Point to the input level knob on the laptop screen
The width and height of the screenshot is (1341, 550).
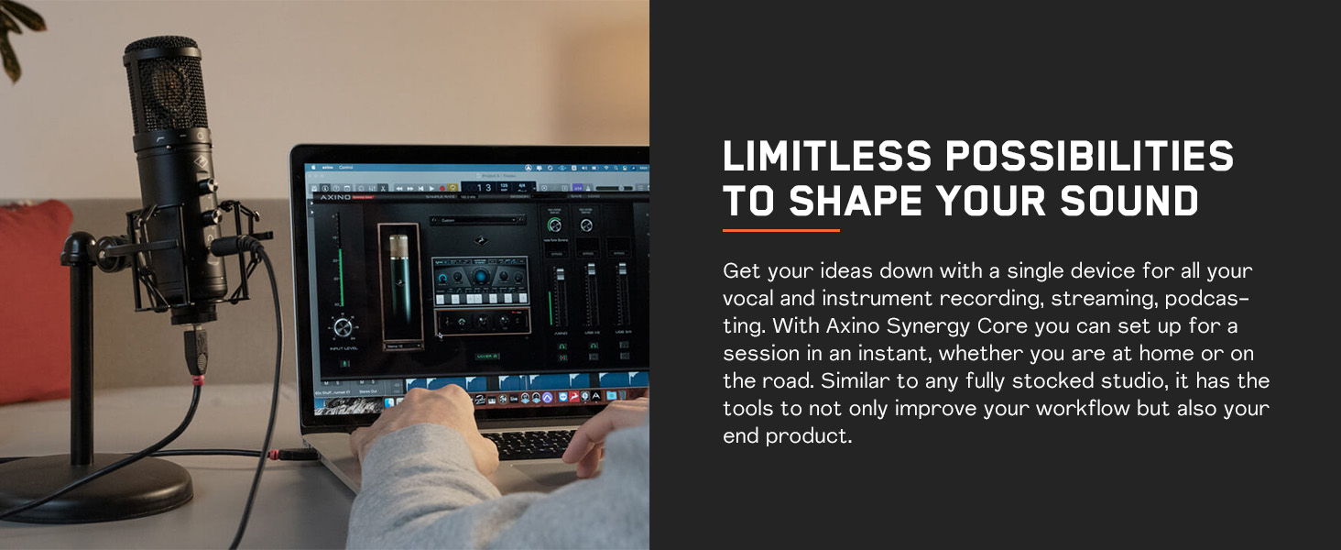click(343, 327)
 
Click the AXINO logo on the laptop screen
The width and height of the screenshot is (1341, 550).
click(336, 197)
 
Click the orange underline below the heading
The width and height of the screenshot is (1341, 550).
click(780, 230)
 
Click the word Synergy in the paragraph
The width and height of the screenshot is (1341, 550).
click(932, 325)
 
